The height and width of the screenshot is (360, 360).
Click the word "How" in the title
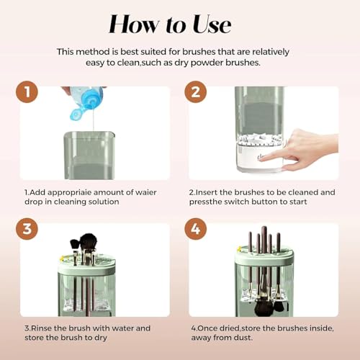[134, 24]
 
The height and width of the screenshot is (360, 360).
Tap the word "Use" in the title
[212, 24]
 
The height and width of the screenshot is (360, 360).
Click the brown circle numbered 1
[27, 92]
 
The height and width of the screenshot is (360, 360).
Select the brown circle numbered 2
[196, 92]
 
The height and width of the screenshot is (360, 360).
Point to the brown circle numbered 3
[27, 229]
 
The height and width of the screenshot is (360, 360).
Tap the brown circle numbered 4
[196, 229]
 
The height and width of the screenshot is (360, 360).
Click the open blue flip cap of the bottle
[77, 114]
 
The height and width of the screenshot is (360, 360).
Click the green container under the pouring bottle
[89, 156]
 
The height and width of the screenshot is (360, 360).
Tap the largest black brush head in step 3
[89, 242]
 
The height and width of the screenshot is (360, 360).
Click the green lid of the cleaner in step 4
[264, 257]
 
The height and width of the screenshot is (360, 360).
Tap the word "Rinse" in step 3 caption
[42, 328]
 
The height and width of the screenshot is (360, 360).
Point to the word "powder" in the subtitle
[207, 63]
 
